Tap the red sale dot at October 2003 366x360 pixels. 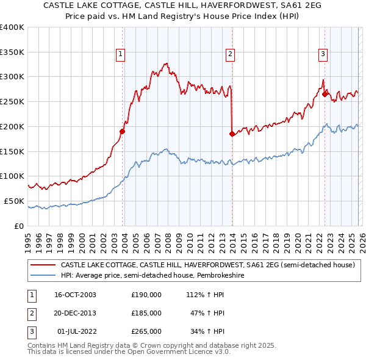[123, 131]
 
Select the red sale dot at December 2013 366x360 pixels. [232, 133]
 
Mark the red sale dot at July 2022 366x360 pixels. [324, 93]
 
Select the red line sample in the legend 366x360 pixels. [43, 265]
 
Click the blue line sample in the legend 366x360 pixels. [43, 276]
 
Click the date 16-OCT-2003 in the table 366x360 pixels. [76, 295]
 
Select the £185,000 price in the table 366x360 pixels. [146, 313]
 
